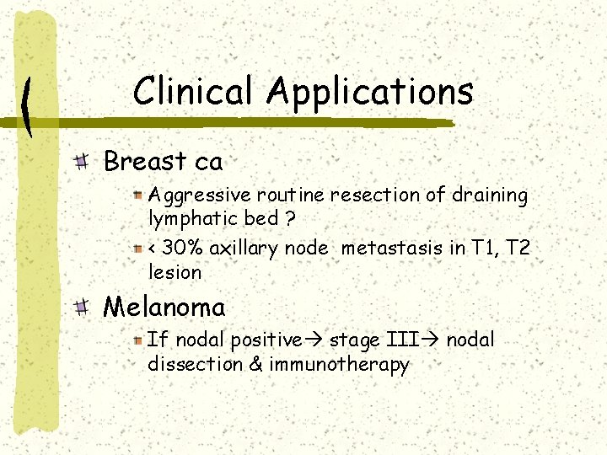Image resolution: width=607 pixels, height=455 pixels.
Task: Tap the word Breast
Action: pyautogui.click(x=145, y=161)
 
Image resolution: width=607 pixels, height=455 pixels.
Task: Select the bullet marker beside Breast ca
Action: pyautogui.click(x=82, y=162)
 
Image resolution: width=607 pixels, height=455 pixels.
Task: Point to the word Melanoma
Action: pyautogui.click(x=164, y=306)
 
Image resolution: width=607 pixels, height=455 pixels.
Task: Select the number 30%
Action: pyautogui.click(x=179, y=249)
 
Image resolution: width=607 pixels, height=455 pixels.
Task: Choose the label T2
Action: pyautogui.click(x=518, y=249)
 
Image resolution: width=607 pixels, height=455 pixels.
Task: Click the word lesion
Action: pyautogui.click(x=175, y=272)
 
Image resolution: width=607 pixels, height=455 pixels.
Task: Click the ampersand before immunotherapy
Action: pyautogui.click(x=255, y=365)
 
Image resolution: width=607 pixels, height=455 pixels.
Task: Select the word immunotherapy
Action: pyautogui.click(x=338, y=365)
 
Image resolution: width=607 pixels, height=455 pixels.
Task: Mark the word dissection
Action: pyautogui.click(x=195, y=365)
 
